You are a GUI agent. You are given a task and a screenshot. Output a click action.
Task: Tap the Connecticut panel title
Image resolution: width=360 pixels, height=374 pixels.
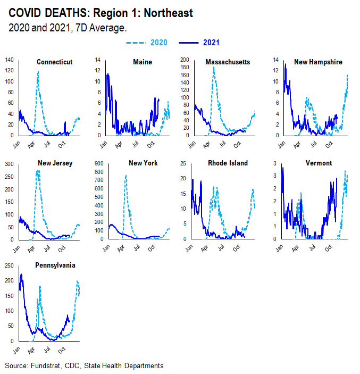[54, 62]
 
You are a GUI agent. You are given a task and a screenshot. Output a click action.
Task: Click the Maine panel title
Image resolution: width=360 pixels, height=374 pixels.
[142, 62]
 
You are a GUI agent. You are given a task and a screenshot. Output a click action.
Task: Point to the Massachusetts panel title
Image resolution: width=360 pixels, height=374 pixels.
[228, 62]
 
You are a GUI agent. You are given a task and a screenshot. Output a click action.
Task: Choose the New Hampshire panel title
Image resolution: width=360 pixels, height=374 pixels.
[318, 62]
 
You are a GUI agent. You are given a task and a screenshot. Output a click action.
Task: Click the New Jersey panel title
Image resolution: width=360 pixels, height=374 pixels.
[55, 163]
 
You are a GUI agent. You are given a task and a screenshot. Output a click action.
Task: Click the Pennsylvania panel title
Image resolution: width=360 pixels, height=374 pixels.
[55, 265]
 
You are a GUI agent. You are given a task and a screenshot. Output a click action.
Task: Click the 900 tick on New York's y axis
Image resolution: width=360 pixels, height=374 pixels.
[98, 164]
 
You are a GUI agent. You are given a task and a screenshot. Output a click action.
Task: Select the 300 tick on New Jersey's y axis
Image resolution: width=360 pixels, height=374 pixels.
[9, 164]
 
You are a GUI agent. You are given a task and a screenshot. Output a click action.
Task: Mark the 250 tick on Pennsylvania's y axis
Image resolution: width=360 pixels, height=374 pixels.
[9, 265]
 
